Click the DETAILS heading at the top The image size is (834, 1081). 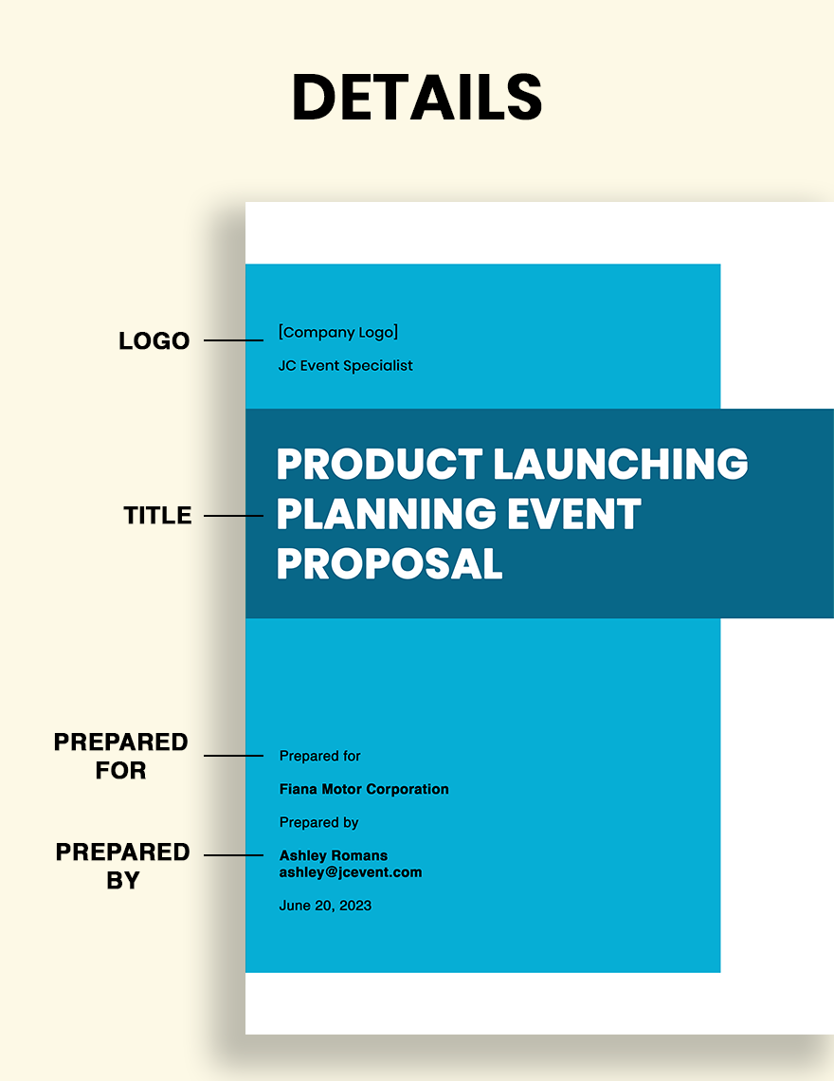[x=417, y=97]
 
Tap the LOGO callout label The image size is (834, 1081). [x=154, y=340]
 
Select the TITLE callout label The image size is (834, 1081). [x=158, y=515]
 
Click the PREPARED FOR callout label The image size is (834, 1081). [x=121, y=756]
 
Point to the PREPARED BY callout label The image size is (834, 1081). [x=122, y=866]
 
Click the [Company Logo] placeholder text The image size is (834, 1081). [x=338, y=332]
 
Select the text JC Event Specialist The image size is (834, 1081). [x=345, y=365]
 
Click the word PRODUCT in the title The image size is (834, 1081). [x=379, y=464]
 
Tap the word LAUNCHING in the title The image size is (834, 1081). [x=621, y=464]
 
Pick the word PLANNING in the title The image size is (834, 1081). [x=386, y=514]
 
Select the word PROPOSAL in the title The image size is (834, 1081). [x=390, y=564]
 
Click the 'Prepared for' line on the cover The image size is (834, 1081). [x=319, y=757]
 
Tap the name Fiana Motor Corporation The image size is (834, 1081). [x=364, y=789]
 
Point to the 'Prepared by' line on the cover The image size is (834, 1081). [x=319, y=822]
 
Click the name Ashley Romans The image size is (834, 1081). [x=334, y=855]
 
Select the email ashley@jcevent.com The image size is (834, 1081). [x=351, y=872]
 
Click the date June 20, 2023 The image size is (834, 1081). [x=325, y=906]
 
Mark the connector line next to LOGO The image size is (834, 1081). [x=234, y=340]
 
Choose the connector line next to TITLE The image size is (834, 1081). [x=234, y=516]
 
